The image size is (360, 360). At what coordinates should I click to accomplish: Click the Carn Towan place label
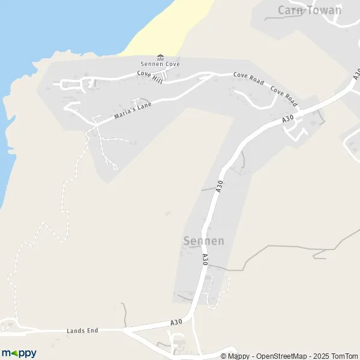[x=310, y=10]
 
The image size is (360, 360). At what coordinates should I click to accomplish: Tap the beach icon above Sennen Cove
[x=160, y=58]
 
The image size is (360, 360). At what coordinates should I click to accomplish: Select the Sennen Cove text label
[x=160, y=64]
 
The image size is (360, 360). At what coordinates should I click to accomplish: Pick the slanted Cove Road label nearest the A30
[x=283, y=93]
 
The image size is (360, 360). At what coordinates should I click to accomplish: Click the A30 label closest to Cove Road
[x=289, y=120]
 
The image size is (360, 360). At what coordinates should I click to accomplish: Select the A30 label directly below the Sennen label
[x=205, y=259]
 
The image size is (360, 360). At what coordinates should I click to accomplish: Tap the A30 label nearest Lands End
[x=176, y=323]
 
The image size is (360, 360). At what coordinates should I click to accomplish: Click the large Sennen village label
[x=203, y=241]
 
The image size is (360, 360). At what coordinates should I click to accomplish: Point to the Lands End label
[x=82, y=331]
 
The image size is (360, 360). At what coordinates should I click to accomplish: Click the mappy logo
[x=19, y=353]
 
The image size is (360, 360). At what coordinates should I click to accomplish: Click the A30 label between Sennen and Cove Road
[x=220, y=186]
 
